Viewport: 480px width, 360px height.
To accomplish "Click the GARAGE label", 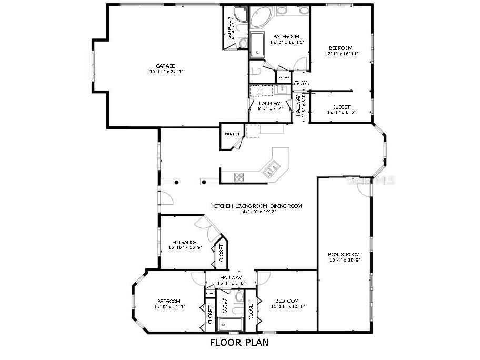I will pyautogui.click(x=165, y=66).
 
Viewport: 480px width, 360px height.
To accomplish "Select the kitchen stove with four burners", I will pyautogui.click(x=239, y=177).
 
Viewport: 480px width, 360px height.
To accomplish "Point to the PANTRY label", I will pyautogui.click(x=232, y=134).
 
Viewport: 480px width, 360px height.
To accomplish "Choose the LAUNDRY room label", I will pyautogui.click(x=270, y=103).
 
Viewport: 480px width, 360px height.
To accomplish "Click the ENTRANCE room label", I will pyautogui.click(x=184, y=243).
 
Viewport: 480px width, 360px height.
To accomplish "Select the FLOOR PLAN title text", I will pyautogui.click(x=239, y=343).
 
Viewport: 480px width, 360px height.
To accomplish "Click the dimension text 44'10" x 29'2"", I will pyautogui.click(x=256, y=212).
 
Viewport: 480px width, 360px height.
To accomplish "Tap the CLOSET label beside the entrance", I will pyautogui.click(x=221, y=254).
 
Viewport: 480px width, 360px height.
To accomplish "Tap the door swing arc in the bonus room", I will pyautogui.click(x=363, y=188).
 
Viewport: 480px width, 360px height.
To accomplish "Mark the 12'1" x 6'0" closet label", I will pyautogui.click(x=341, y=112).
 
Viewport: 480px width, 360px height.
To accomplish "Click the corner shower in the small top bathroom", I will pyautogui.click(x=241, y=15).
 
